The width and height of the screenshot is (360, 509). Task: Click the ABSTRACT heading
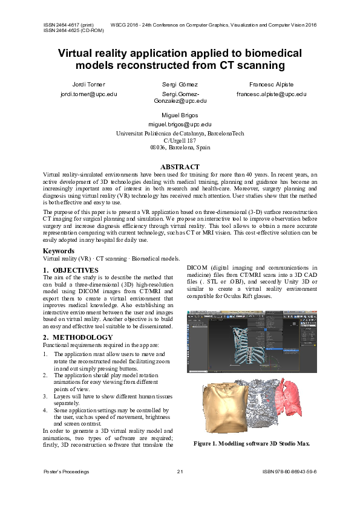click(x=180, y=167)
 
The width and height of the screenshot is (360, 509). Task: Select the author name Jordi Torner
click(x=88, y=85)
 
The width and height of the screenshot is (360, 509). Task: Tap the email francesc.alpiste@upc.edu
click(x=272, y=94)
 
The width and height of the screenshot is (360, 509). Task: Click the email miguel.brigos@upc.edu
click(x=180, y=123)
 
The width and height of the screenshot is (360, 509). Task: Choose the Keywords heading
click(x=59, y=251)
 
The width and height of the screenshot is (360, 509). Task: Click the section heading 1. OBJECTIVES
click(x=70, y=270)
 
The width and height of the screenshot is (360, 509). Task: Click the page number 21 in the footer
click(x=180, y=471)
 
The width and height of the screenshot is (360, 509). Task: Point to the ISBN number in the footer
click(x=290, y=471)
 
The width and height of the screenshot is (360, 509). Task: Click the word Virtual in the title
click(x=81, y=53)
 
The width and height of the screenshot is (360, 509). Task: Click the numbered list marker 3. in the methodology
click(x=46, y=396)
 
